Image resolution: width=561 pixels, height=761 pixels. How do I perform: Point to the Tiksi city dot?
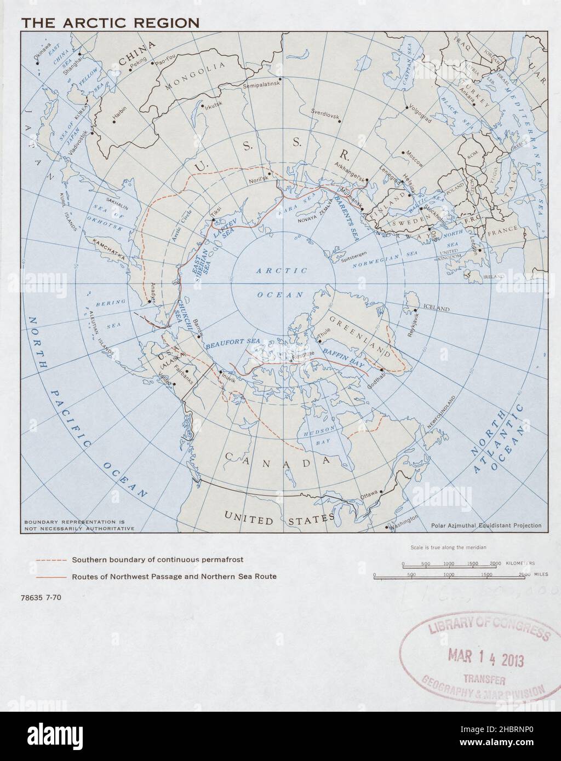pyautogui.click(x=213, y=221)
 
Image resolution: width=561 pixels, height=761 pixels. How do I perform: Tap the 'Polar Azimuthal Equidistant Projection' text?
pyautogui.click(x=486, y=526)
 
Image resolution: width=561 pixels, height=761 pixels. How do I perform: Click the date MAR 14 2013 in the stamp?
pyautogui.click(x=486, y=659)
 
